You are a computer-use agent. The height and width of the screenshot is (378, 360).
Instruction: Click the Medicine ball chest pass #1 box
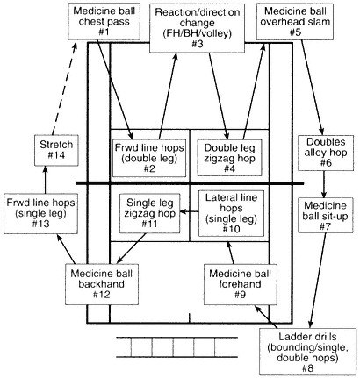click(x=104, y=22)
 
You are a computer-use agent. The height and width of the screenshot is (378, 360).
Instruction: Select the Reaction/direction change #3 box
click(x=197, y=28)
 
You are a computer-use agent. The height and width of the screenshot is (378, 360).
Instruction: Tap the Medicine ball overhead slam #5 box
click(x=295, y=22)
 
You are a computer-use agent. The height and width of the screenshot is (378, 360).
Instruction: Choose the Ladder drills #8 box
click(x=307, y=352)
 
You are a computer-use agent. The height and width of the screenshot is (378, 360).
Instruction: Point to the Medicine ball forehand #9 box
click(x=240, y=284)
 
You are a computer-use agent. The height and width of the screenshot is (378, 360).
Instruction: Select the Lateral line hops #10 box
click(x=231, y=213)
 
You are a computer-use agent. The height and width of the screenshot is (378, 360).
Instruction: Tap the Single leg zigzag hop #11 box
click(x=149, y=213)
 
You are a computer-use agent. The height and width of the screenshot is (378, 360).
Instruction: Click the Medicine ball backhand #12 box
click(x=102, y=284)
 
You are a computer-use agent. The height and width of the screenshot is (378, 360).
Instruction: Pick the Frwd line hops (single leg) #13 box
click(x=40, y=213)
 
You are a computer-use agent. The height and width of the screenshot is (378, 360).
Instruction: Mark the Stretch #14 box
click(x=56, y=150)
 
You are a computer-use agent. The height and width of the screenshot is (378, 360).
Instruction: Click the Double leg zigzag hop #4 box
click(x=229, y=158)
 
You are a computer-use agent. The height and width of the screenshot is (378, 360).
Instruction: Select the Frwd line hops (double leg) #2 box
click(x=149, y=158)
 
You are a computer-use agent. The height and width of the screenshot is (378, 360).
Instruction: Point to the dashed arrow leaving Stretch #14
click(x=64, y=89)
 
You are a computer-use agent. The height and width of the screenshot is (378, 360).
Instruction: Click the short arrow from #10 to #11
click(x=189, y=211)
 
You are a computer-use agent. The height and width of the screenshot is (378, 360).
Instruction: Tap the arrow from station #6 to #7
click(x=324, y=184)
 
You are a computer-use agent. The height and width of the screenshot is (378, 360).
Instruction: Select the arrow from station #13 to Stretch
click(x=45, y=180)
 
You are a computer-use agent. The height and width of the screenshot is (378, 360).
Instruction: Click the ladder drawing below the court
click(x=177, y=347)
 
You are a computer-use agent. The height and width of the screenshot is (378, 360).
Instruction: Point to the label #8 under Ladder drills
click(x=307, y=368)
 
